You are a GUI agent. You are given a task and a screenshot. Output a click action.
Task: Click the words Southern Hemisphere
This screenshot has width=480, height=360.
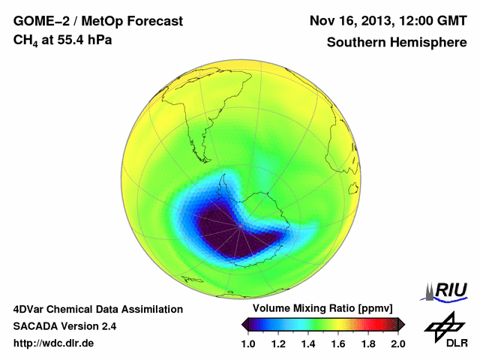(396, 43)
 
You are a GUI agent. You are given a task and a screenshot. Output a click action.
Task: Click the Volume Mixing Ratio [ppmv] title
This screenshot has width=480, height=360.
(323, 308)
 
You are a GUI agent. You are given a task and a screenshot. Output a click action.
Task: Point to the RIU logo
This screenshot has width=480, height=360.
(446, 291)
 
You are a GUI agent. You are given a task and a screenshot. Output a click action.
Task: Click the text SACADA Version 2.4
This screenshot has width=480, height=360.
(64, 326)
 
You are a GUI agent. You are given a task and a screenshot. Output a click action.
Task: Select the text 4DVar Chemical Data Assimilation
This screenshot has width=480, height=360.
(97, 309)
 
